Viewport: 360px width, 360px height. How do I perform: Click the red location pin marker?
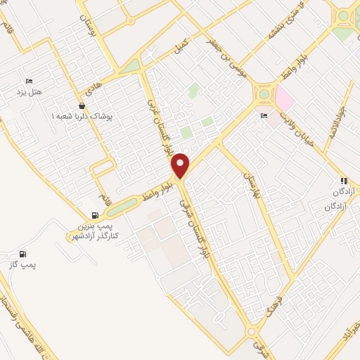(x=181, y=165)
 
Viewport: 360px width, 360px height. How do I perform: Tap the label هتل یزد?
(x=30, y=92)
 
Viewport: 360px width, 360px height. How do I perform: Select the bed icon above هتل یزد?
(x=29, y=81)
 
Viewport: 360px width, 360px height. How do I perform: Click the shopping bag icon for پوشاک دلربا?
(x=82, y=105)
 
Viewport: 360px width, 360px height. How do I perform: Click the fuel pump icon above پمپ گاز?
(x=23, y=254)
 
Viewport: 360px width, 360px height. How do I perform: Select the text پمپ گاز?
(x=23, y=264)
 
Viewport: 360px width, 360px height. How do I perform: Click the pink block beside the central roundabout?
(x=284, y=97)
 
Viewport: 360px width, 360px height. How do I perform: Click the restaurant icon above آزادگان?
(x=343, y=181)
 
